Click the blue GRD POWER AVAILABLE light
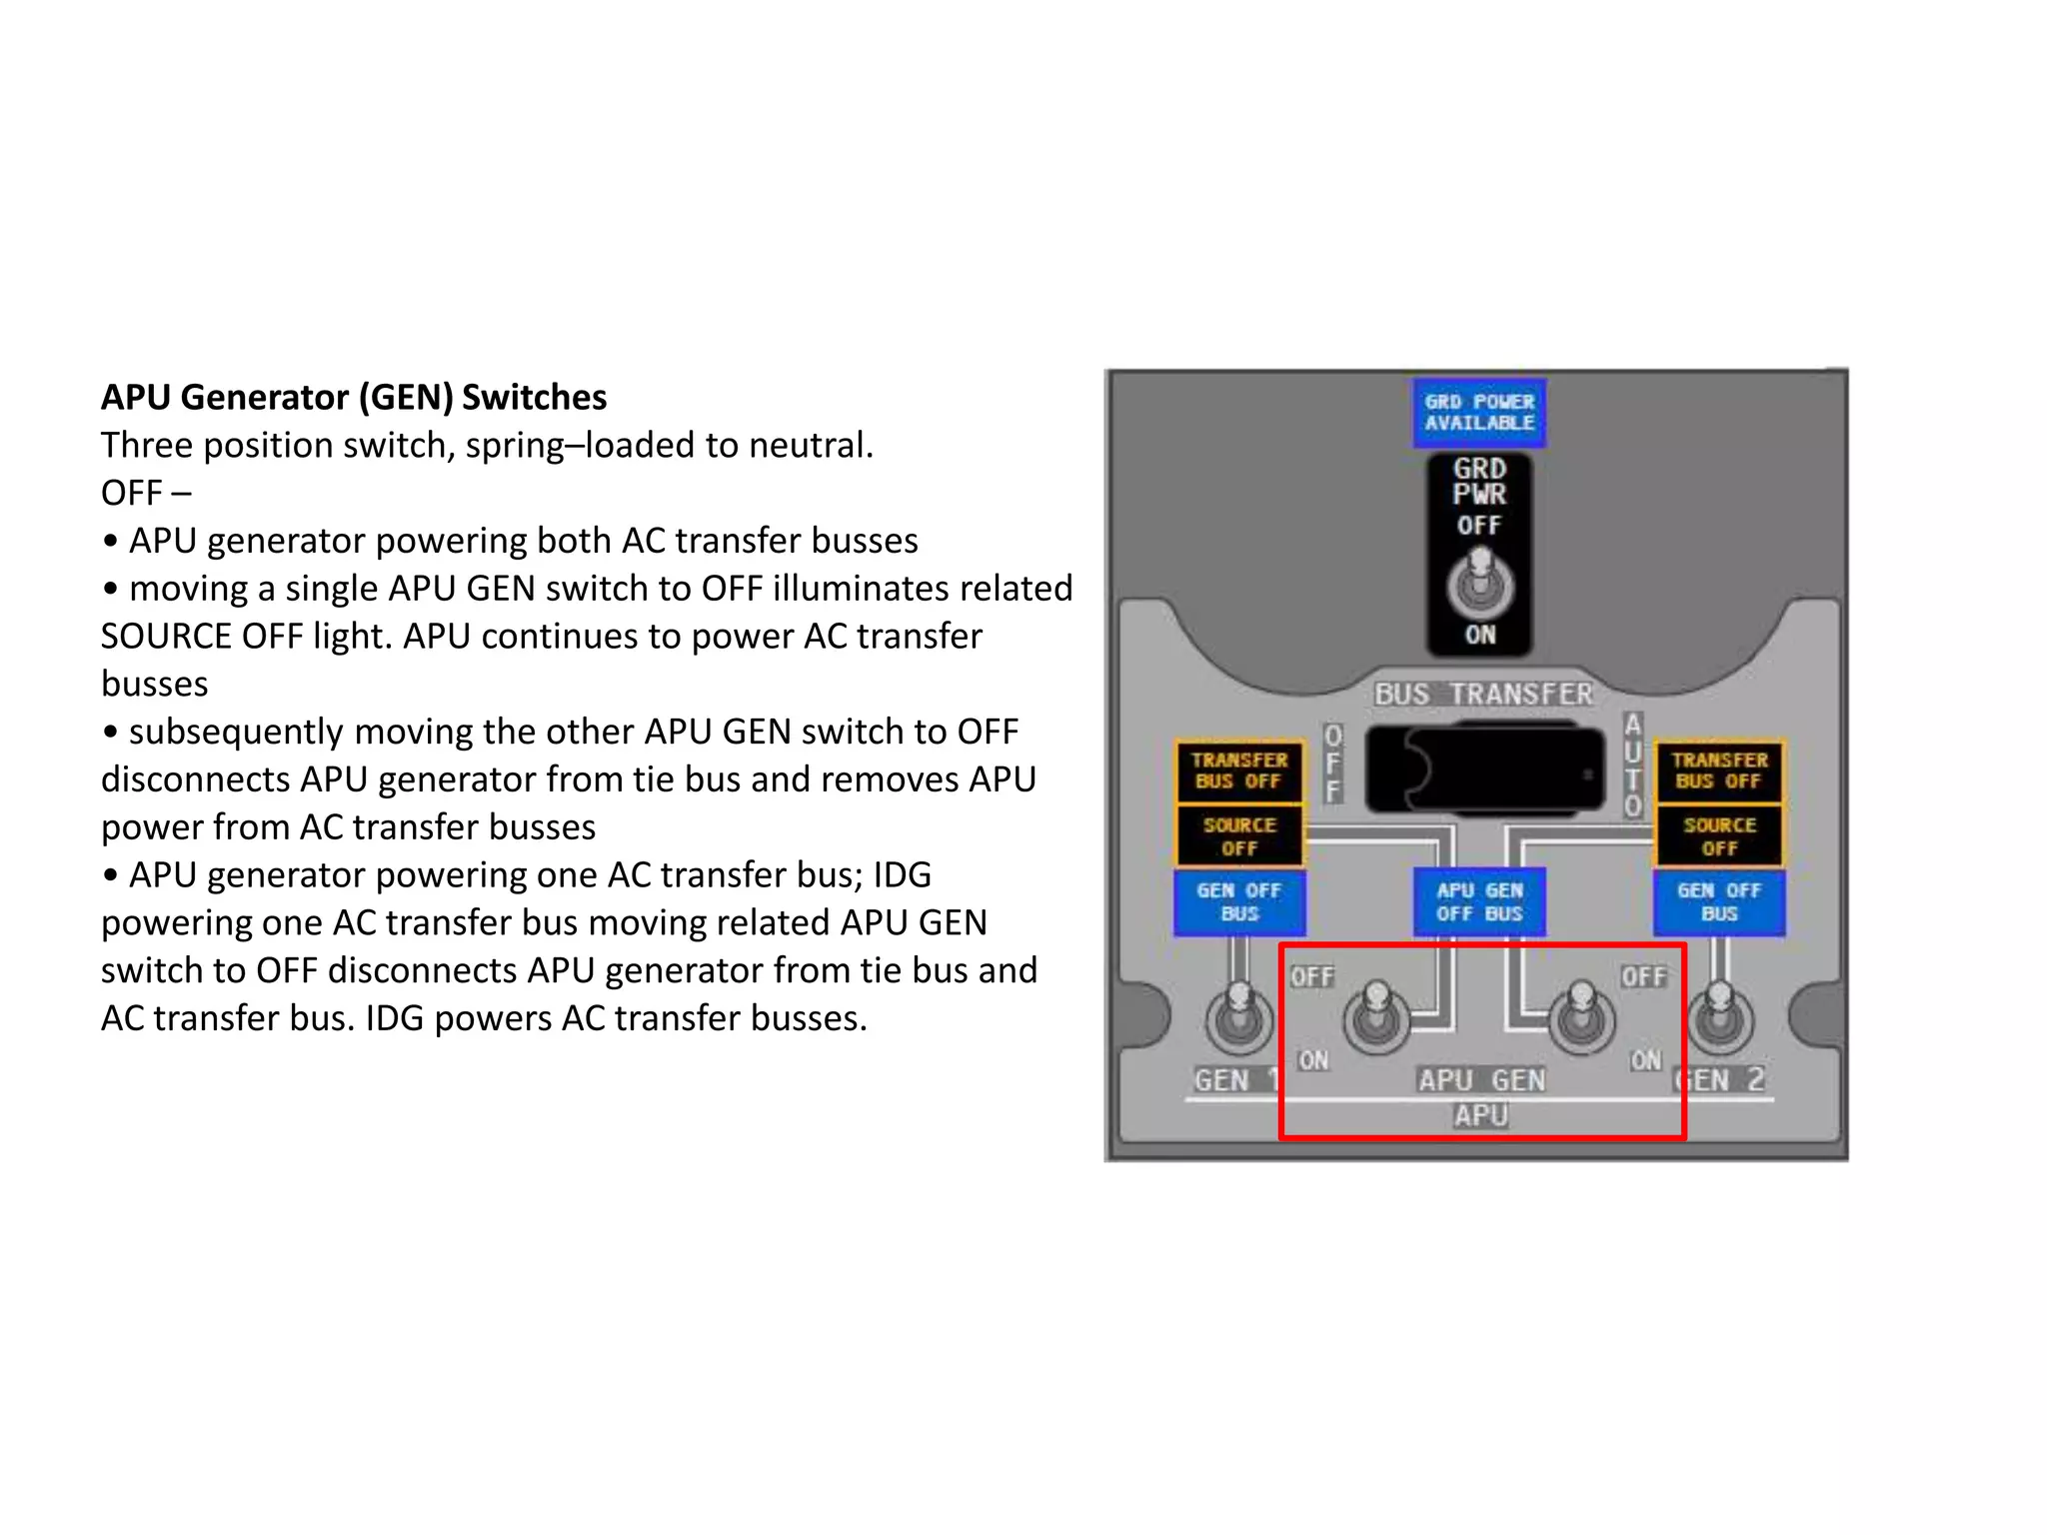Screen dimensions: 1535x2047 point(1479,412)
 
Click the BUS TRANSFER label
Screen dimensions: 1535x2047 point(1483,694)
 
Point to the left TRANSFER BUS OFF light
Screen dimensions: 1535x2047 point(1239,770)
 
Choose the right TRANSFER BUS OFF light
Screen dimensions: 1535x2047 point(1719,770)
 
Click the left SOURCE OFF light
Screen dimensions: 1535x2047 point(1239,836)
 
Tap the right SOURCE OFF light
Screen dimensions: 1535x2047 point(1719,836)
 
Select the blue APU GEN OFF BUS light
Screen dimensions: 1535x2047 point(1479,901)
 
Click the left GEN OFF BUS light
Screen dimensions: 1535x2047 point(1239,901)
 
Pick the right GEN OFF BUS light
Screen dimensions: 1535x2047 point(1719,901)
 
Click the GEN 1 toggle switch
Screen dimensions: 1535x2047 point(1239,1017)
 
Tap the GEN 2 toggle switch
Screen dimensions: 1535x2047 point(1719,1017)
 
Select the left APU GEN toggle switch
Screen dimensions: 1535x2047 point(1376,1017)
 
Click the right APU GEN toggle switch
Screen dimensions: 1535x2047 point(1581,1017)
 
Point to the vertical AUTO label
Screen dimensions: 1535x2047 point(1632,765)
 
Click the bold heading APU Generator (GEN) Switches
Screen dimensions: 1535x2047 point(354,397)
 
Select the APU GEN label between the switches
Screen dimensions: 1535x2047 point(1481,1080)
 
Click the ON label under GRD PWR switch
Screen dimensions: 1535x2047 point(1480,635)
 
